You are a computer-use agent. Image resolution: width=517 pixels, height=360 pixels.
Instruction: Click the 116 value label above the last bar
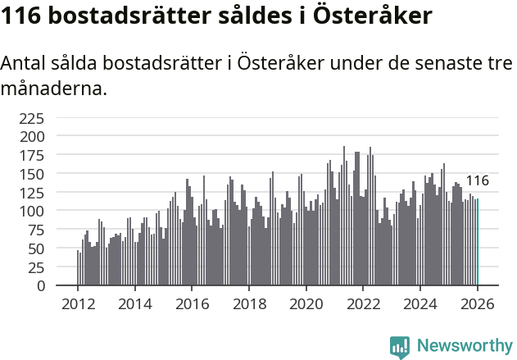coord(477,181)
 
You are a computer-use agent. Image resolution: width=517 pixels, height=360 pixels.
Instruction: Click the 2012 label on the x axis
coord(78,303)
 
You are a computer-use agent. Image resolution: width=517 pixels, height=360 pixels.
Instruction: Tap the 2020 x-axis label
coord(306,303)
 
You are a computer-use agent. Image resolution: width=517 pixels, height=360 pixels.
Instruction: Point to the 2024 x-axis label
coord(419,303)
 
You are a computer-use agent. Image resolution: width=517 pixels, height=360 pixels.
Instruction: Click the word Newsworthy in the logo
coord(464,346)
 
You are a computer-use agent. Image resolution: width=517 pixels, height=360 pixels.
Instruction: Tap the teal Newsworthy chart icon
coord(400,347)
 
